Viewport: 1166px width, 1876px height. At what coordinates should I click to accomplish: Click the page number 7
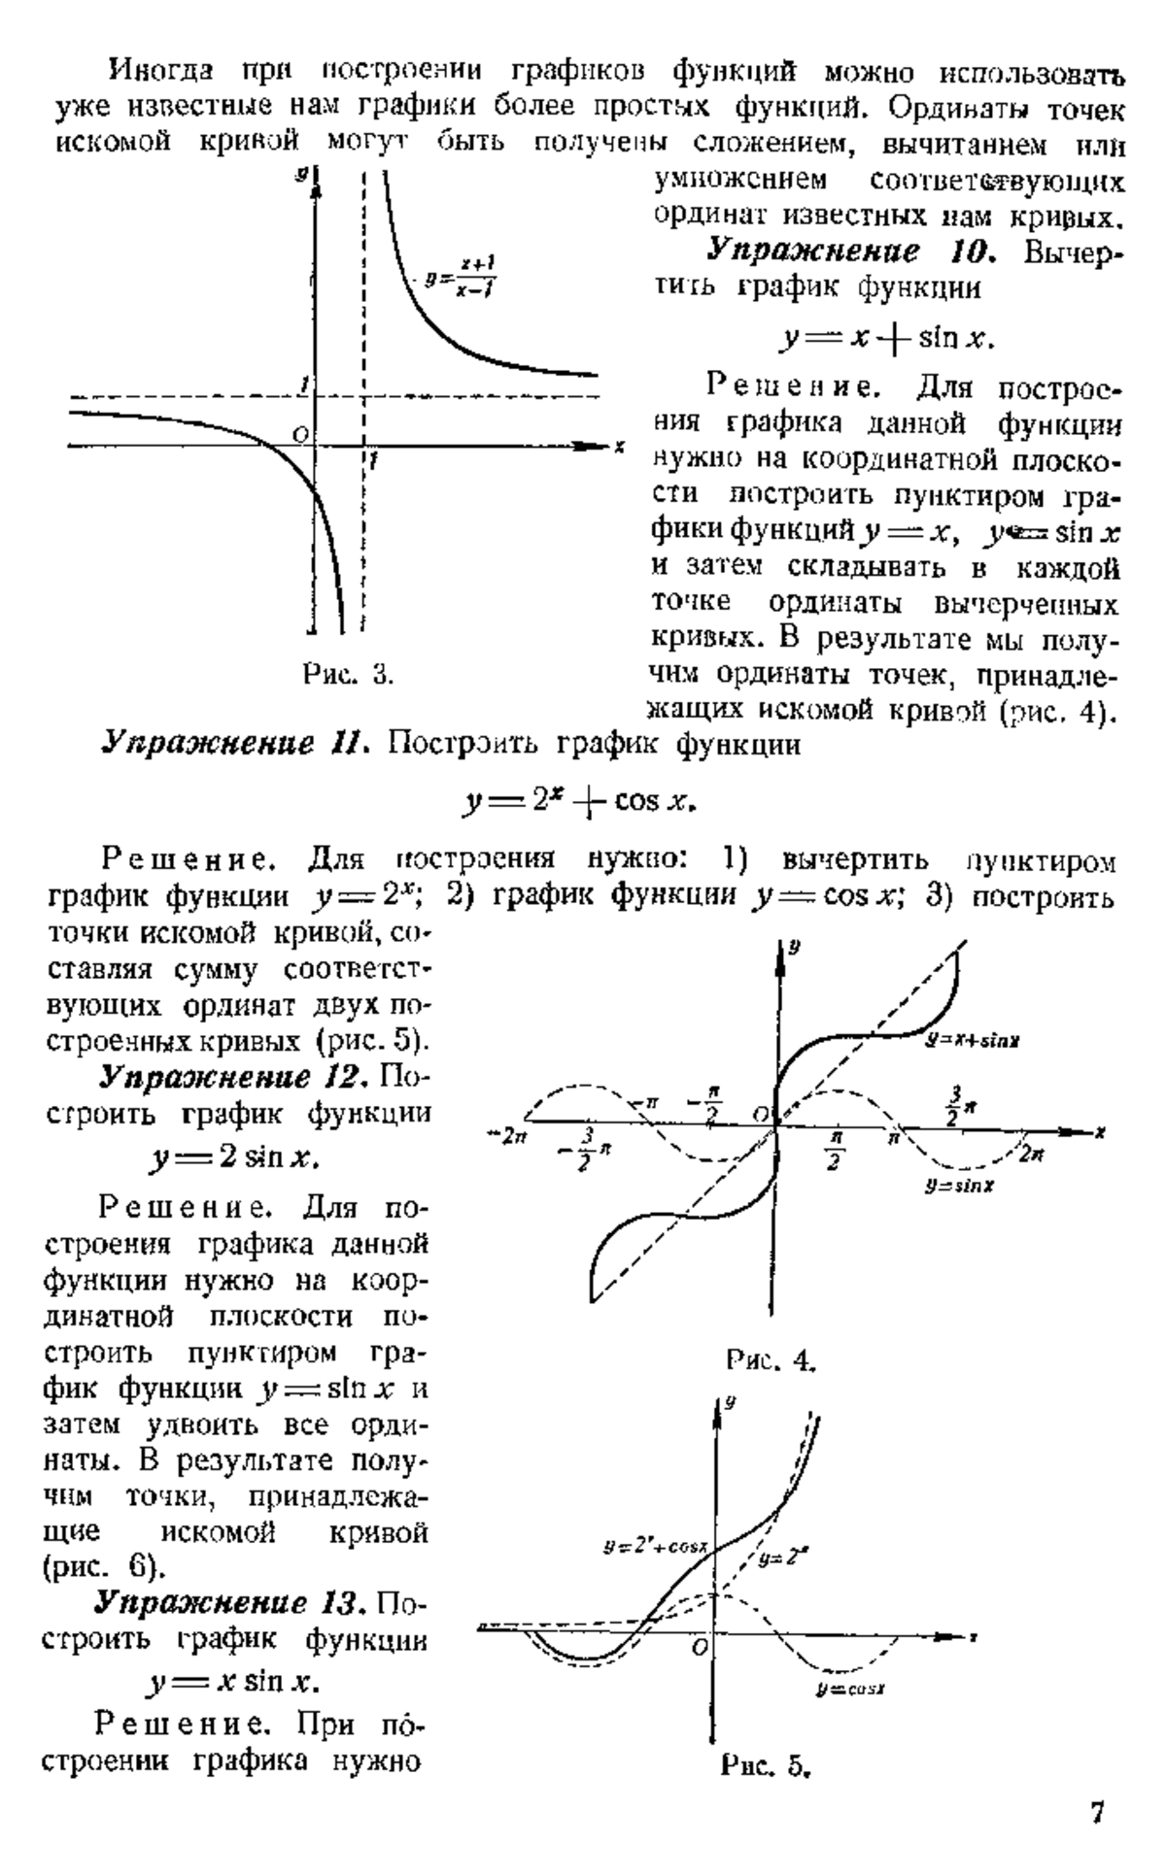tap(1096, 1812)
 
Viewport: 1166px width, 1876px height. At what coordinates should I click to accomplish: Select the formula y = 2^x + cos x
tap(581, 802)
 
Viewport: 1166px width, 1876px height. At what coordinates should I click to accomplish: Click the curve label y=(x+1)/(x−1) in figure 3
tap(462, 278)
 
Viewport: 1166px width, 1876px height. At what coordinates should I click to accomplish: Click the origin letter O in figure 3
tap(302, 432)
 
